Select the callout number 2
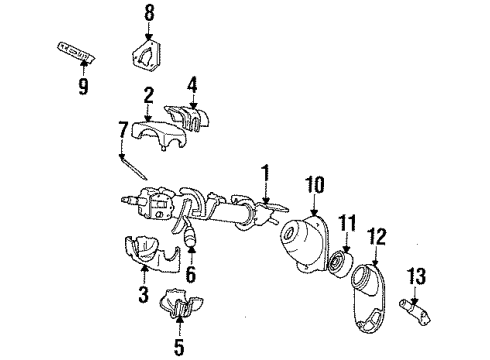coord(149,96)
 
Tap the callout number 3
coord(144,295)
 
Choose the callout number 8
coord(149,14)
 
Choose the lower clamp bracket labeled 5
coord(178,311)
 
